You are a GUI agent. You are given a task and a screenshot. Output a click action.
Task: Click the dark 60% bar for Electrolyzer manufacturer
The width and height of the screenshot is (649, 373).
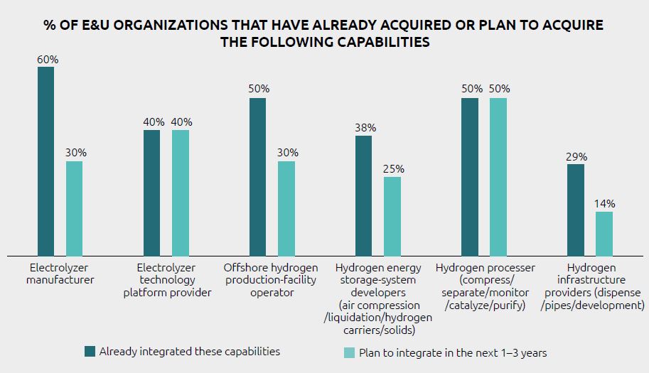45,161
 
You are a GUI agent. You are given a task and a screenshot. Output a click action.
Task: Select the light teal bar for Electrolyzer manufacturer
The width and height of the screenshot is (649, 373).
74,208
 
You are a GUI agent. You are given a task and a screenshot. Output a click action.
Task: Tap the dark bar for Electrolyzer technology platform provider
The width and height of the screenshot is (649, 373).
151,193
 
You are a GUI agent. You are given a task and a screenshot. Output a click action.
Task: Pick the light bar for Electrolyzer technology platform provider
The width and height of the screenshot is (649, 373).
180,193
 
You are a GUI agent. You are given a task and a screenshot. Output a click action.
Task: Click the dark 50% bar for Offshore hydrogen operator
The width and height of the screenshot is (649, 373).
257,177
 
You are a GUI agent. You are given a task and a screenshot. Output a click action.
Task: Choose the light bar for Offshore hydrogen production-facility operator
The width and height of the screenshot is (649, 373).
286,208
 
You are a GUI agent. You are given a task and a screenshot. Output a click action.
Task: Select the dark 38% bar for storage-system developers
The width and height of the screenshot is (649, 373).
363,195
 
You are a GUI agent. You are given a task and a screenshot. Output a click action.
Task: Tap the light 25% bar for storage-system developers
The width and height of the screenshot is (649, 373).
392,216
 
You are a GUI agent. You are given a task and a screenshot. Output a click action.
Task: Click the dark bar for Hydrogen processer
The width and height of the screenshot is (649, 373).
469,177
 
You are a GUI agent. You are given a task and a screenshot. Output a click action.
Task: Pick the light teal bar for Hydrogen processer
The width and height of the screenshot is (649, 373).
498,177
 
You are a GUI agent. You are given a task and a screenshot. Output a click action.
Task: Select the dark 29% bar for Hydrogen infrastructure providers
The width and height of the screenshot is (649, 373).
576,210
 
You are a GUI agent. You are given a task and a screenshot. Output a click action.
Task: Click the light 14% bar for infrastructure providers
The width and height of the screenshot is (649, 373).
604,233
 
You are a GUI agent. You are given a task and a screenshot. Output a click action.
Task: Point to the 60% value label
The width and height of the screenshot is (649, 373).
48,60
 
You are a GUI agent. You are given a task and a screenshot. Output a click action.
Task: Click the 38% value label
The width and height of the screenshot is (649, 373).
365,129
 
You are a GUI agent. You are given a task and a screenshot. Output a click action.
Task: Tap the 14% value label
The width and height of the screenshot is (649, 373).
604,204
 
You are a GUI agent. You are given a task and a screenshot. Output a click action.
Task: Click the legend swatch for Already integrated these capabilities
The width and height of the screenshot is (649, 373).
90,351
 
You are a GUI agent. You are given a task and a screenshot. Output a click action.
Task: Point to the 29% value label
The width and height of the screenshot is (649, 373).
576,157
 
